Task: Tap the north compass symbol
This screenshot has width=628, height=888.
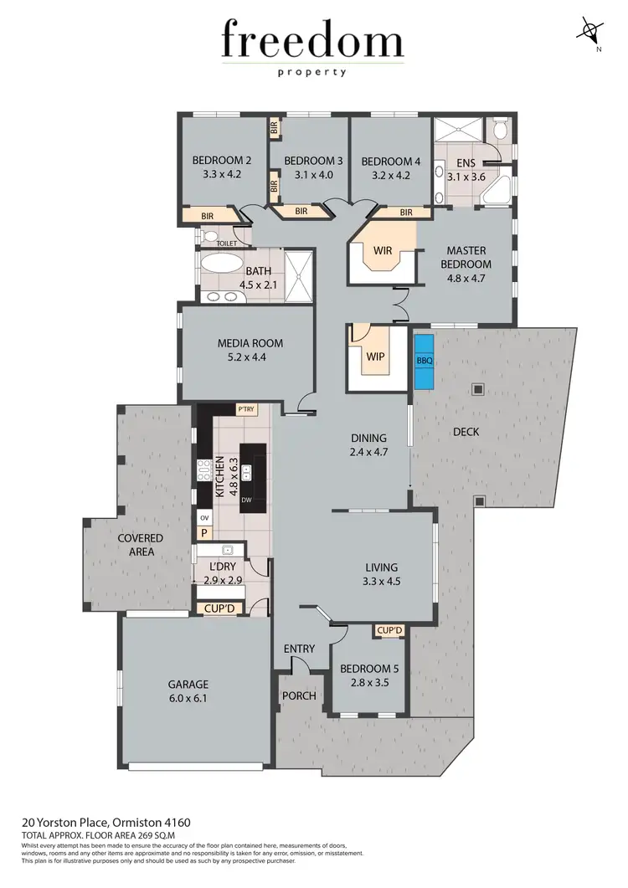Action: coord(591,33)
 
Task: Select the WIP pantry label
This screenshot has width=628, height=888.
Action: coord(375,357)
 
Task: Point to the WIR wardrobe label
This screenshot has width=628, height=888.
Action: coord(383,250)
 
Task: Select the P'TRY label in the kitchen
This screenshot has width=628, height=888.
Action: coord(245,409)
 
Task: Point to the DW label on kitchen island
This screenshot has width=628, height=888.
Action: coord(246,500)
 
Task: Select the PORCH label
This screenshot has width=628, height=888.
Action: coord(300,696)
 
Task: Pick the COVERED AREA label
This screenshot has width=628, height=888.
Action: coord(140,545)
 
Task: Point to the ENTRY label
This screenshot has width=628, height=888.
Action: coord(299,649)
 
